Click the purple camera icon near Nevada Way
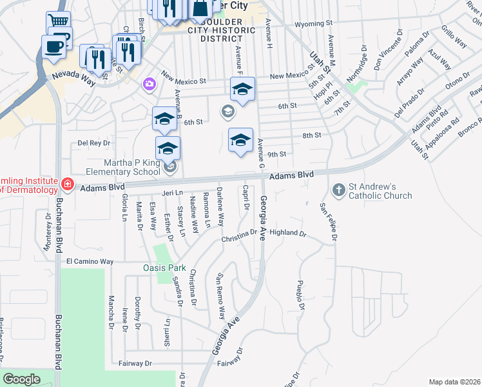click(149, 84)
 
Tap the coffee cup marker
click(53, 46)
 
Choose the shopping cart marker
click(58, 21)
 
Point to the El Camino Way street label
click(90, 261)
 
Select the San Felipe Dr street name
click(328, 223)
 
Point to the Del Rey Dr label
click(94, 143)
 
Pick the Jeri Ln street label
click(172, 192)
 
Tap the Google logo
click(21, 379)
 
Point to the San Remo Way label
click(221, 296)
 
